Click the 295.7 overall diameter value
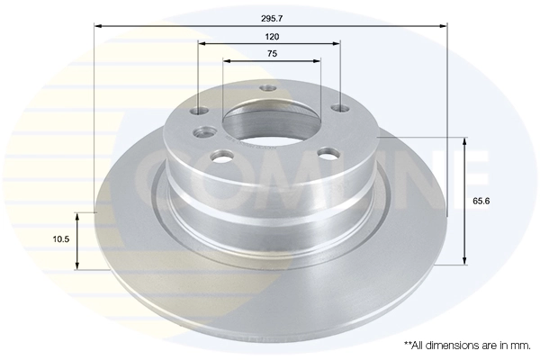click(272, 17)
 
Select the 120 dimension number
click(272, 37)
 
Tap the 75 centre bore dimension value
click(272, 55)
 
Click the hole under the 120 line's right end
click(340, 108)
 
